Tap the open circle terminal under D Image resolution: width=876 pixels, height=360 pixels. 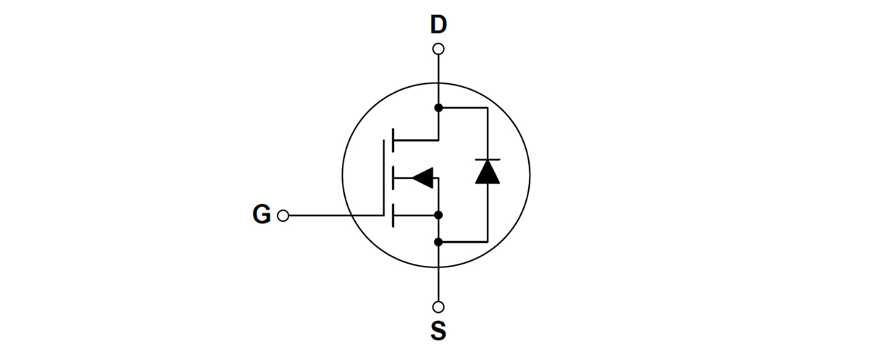(438, 49)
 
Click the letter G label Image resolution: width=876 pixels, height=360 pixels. (262, 214)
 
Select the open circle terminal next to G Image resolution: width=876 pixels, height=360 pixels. (283, 216)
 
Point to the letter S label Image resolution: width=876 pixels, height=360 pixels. (438, 331)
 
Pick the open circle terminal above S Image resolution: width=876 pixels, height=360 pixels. (438, 307)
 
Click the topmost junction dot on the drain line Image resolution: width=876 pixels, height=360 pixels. (438, 108)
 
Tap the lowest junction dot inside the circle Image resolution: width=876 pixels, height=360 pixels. (438, 241)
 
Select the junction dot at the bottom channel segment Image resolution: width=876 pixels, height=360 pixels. (438, 215)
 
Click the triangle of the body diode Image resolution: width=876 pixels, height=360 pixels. (487, 172)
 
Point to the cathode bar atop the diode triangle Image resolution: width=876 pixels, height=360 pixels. (487, 159)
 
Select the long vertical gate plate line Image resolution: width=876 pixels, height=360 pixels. (383, 177)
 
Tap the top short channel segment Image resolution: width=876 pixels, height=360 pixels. (392, 140)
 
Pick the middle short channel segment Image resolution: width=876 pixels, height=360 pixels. (392, 177)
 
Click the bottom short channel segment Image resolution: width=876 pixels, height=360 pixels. (392, 215)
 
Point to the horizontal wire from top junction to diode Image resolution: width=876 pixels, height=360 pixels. (464, 108)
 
